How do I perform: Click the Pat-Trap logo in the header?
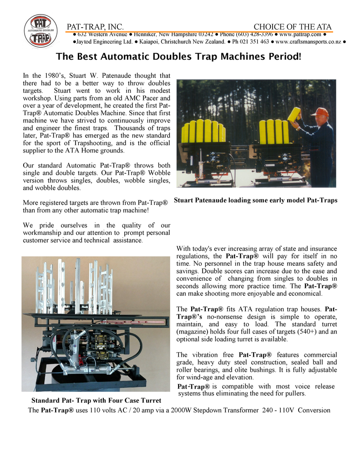(41, 31)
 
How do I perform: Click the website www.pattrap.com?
(300, 34)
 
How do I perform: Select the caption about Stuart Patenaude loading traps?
(255, 200)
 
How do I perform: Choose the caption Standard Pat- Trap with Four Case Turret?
(96, 400)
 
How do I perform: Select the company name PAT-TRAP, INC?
(95, 27)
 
